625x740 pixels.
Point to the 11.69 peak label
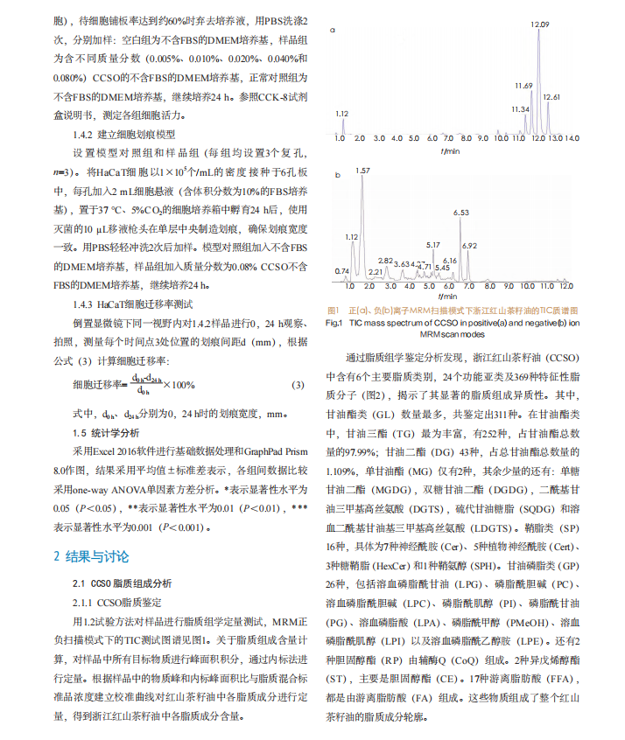tap(523, 85)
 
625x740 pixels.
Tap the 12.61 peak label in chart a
tap(551, 95)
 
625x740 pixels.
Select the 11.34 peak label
tap(520, 108)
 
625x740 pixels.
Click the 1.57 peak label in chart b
tap(363, 170)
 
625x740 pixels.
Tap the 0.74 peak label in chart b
tap(342, 271)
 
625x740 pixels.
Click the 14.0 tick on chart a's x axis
tap(571, 138)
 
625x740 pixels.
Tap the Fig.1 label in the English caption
tap(334, 323)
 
